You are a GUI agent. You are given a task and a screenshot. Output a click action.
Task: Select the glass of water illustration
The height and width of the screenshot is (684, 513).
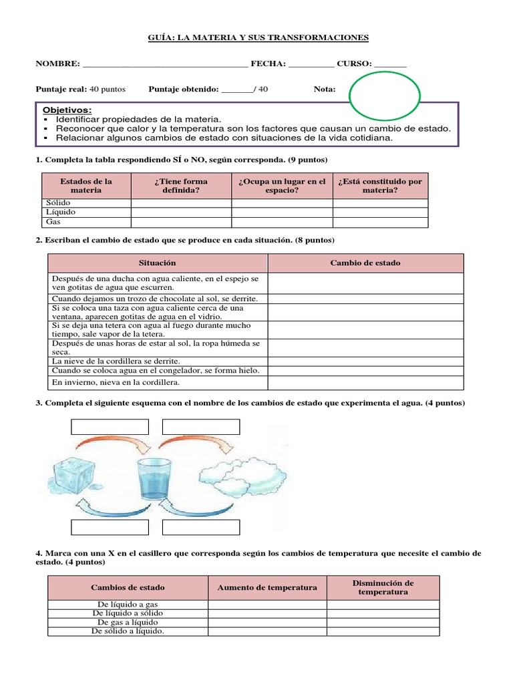(x=155, y=478)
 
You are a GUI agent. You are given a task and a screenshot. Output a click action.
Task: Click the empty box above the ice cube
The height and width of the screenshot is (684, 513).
(x=110, y=427)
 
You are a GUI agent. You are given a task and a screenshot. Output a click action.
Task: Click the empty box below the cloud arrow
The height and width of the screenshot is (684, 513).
(x=200, y=527)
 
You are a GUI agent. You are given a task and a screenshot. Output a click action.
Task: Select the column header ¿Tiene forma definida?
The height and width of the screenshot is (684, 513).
(x=180, y=186)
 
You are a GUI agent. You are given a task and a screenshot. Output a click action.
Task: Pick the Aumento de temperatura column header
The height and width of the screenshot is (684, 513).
(x=267, y=588)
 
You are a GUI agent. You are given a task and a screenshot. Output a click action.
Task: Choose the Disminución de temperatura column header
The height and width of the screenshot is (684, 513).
(x=383, y=588)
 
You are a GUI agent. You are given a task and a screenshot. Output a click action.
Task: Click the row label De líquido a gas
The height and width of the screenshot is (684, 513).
(x=128, y=605)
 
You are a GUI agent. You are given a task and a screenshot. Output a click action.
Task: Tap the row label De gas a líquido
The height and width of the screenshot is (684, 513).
(x=128, y=622)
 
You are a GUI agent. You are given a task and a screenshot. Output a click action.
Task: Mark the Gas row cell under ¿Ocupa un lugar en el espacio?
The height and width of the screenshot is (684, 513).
(x=282, y=221)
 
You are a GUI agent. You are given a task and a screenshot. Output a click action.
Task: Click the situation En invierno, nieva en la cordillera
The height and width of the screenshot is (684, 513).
(x=116, y=383)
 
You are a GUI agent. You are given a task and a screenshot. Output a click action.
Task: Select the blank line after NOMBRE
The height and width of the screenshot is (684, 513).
(x=164, y=65)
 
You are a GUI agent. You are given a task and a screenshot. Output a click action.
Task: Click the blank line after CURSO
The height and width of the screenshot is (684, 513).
(x=390, y=65)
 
